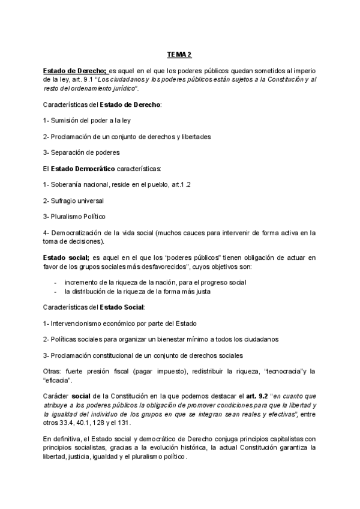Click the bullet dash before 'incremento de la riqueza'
pos(56,282)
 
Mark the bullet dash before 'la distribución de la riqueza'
pos(56,292)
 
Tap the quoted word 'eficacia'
pos(59,380)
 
